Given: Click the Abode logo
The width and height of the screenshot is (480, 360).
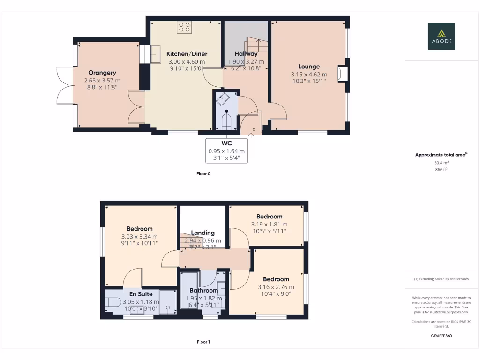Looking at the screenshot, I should point(441,36).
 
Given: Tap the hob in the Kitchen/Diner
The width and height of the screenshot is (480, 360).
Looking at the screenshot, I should point(184,27).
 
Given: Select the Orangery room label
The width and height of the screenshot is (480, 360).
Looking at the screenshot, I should point(102,73).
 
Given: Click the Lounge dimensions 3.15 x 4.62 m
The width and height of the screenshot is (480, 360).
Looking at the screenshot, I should point(309,74).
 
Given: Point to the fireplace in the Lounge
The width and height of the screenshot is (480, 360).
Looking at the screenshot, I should point(343,74).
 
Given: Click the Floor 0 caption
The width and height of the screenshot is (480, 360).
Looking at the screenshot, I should point(203,173).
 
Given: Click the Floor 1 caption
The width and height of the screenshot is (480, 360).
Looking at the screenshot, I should point(203,342).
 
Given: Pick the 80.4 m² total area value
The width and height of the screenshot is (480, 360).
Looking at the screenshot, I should point(441,163).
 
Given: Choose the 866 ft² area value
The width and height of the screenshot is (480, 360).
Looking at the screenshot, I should point(441,169).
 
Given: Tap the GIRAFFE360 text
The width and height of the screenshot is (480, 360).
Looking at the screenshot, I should point(441,336).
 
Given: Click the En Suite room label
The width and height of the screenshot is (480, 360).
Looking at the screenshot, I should point(141,294).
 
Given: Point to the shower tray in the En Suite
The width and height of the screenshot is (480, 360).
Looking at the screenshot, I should point(166,302).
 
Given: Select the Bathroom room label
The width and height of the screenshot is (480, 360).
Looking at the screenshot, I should point(204,291).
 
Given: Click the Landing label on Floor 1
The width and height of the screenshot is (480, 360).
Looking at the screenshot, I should point(203,232).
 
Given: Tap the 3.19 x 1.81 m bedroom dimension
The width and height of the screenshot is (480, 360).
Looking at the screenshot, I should point(269,224).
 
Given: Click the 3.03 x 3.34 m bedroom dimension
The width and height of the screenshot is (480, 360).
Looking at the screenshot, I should point(139,237).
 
